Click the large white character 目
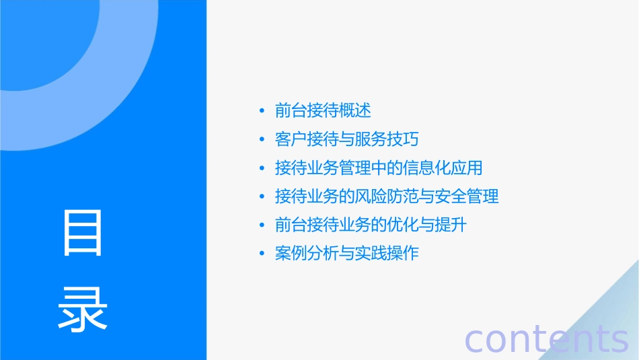pos(83,233)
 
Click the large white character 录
pos(83,309)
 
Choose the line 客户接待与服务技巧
pos(347,139)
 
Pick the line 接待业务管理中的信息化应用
pos(379,168)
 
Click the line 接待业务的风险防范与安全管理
pos(387,196)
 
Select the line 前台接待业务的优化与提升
pos(371,225)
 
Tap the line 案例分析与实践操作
pos(347,254)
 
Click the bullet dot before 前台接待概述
pos(262,110)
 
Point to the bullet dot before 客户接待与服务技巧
pos(262,139)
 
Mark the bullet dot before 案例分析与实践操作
pos(262,254)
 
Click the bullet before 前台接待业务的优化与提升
pos(262,225)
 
